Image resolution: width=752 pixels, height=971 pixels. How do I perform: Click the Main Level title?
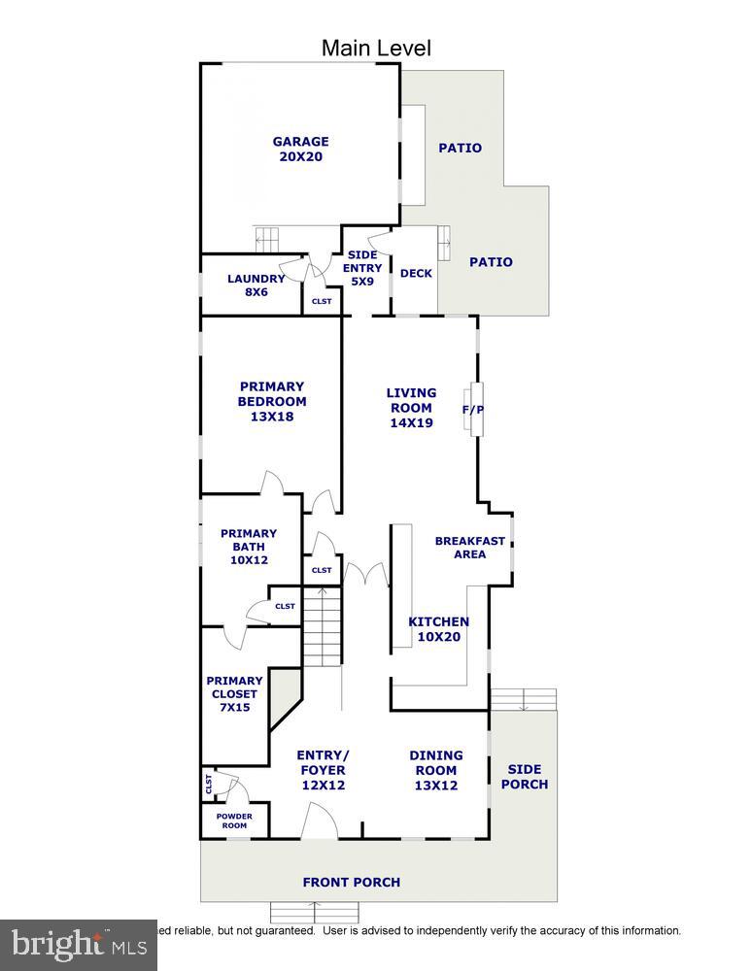376,48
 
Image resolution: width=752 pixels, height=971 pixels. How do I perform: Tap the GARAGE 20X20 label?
300,149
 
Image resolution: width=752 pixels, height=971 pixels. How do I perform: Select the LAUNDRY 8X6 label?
256,285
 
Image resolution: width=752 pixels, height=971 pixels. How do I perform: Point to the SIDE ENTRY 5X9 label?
361,268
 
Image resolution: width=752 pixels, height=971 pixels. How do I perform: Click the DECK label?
416,274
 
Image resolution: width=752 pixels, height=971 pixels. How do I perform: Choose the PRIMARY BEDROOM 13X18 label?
272,401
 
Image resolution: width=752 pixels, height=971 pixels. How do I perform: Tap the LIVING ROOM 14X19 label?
411,408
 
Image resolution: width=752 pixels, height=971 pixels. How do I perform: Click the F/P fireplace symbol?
473,409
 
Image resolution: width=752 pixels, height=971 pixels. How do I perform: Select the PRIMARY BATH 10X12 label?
248,547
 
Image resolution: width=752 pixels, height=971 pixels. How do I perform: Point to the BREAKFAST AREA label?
470,548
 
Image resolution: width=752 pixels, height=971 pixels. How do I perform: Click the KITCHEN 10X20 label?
438,629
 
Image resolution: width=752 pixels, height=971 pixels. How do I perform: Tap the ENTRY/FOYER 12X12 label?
323,770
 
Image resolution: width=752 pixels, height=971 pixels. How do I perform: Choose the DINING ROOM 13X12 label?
435,770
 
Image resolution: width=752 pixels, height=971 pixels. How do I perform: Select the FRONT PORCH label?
351,883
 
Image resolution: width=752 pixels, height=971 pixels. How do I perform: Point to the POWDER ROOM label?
234,820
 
